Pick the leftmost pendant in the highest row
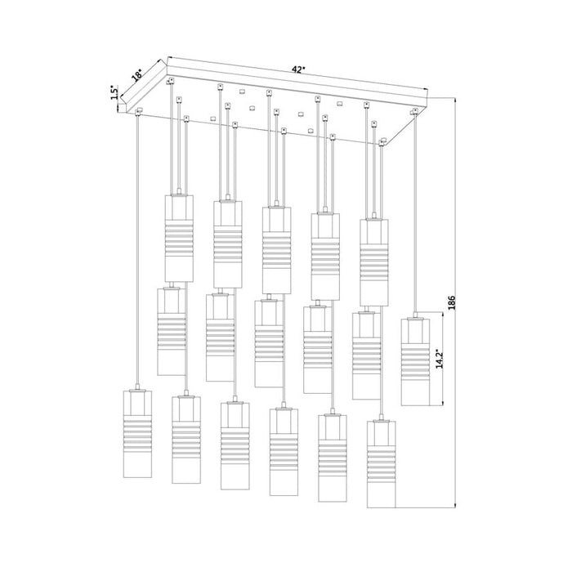179,237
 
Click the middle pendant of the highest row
276,249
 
